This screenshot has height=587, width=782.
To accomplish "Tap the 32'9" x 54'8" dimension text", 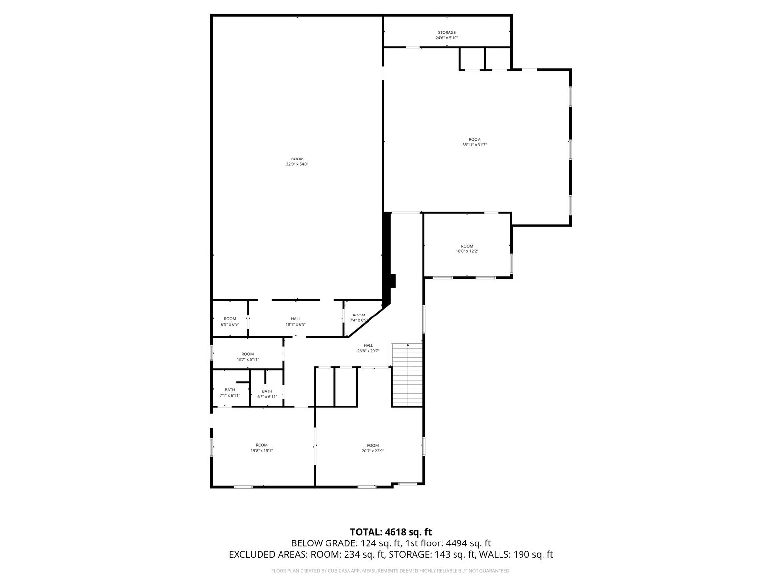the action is click(297, 164).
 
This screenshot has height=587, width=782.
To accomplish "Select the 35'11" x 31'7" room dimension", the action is click(475, 145).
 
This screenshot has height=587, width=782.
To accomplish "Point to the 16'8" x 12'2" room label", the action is click(467, 248).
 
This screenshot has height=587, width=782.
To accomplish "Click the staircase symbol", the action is click(407, 375).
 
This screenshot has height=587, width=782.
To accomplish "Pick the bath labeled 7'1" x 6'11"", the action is click(230, 392).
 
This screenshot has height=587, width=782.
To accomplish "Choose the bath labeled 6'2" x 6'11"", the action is click(267, 394).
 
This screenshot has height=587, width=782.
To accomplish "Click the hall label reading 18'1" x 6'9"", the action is click(295, 321).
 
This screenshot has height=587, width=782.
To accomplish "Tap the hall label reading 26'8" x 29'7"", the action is click(369, 348).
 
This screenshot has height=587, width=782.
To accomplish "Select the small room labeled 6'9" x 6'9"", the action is click(230, 321).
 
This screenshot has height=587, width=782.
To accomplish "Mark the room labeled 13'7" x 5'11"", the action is click(248, 357).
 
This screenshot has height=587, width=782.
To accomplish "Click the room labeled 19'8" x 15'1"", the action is click(261, 447).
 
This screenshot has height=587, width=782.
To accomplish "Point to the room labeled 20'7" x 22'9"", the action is click(372, 448).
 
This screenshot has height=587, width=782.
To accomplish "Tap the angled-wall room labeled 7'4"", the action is click(359, 317).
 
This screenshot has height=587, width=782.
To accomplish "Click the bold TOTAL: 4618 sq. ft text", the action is click(391, 532).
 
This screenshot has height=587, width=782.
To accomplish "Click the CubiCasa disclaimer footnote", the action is click(391, 571).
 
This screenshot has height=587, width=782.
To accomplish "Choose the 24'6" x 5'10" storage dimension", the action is click(447, 38).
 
